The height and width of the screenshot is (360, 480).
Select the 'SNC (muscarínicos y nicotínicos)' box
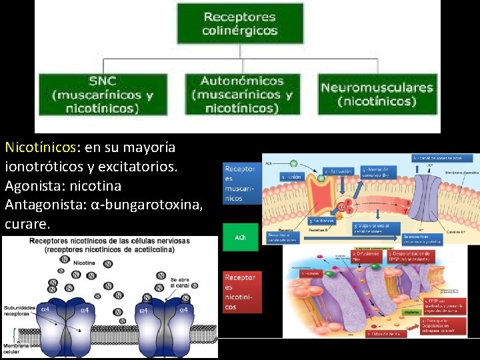pos(102,95)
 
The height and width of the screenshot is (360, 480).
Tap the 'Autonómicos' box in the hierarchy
pos(242,95)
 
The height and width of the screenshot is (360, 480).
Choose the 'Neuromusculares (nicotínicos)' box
pos(377,94)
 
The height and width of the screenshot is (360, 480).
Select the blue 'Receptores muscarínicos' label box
pos(240,184)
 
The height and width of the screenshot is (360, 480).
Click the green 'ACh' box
pos(240,238)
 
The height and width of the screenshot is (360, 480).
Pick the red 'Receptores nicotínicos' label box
pos(240,292)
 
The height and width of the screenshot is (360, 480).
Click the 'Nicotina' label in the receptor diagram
pos(84,263)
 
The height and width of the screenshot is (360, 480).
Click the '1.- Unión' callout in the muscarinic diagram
pos(291,177)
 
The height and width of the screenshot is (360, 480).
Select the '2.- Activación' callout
pos(339,171)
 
